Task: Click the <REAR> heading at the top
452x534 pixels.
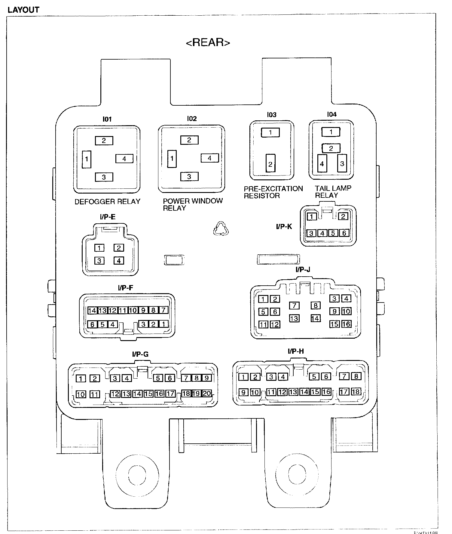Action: [x=208, y=42]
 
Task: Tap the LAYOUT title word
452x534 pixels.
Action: [x=23, y=10]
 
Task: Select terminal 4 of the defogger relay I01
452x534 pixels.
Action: [x=124, y=158]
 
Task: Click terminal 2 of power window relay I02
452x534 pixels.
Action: [x=189, y=140]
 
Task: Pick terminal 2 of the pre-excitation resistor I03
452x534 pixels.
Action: [x=270, y=164]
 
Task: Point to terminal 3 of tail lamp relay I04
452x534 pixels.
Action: [x=342, y=163]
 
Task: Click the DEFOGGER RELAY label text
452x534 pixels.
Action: [x=107, y=202]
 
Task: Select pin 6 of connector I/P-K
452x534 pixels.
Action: [x=344, y=233]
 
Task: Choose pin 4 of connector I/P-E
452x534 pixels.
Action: [x=119, y=261]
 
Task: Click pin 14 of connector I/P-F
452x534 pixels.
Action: [x=92, y=310]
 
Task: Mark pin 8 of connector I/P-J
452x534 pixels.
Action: [x=315, y=306]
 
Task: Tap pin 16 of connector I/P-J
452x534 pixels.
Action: [x=346, y=324]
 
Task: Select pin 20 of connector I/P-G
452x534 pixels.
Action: [x=207, y=393]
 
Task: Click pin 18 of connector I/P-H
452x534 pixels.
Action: [x=356, y=392]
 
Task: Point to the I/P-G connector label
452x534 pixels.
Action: [x=140, y=354]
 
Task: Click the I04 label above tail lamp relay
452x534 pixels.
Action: [x=332, y=114]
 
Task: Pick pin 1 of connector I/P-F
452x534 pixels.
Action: [x=163, y=324]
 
